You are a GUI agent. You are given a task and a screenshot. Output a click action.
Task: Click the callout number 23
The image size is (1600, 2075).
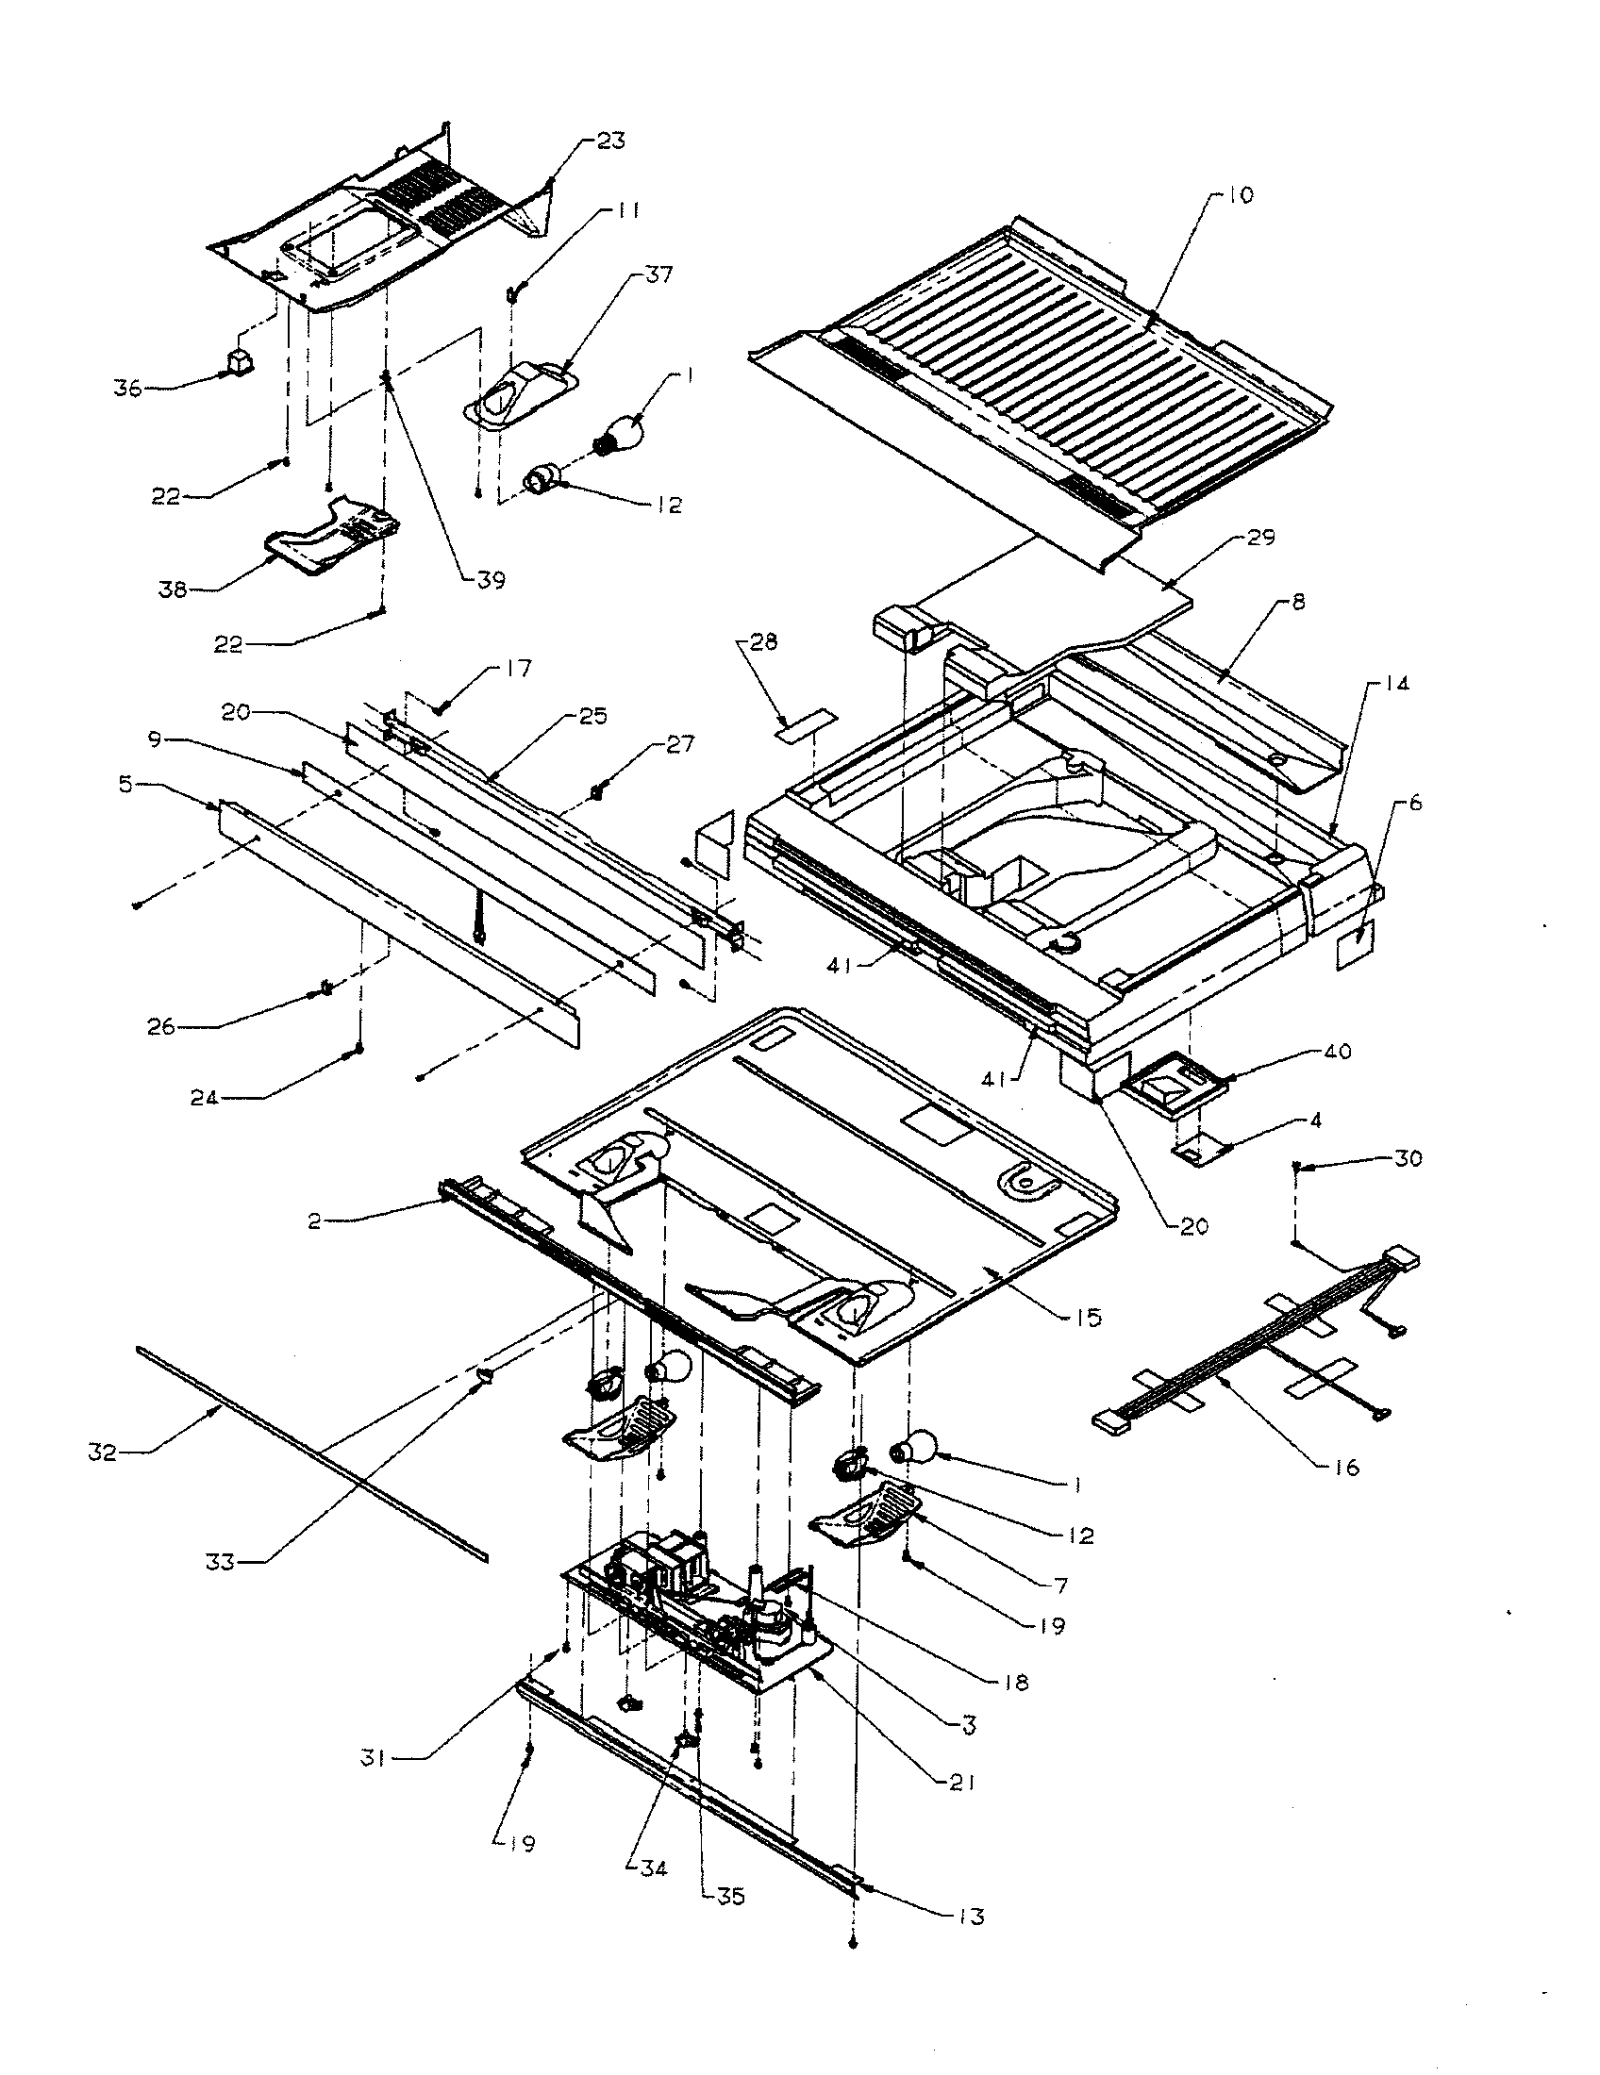tap(611, 141)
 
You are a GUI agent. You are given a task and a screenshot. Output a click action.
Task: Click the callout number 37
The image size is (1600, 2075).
tap(658, 274)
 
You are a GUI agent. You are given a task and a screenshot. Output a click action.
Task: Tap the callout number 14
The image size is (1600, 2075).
tap(1396, 683)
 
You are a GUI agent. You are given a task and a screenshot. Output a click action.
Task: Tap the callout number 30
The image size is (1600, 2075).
tap(1408, 1159)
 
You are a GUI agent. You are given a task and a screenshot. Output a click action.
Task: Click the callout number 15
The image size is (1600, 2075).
tap(1088, 1317)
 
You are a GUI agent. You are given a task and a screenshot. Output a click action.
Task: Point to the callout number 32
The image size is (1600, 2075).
tap(103, 1452)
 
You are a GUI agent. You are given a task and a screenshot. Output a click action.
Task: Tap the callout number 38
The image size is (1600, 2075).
tap(173, 590)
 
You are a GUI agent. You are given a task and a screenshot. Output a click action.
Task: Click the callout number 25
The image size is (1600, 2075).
tap(593, 716)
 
